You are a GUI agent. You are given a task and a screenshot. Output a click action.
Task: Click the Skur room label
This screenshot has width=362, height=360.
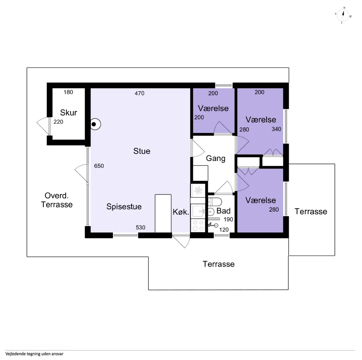point(69,112)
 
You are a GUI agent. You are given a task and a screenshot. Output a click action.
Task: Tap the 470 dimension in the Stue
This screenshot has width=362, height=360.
point(139,93)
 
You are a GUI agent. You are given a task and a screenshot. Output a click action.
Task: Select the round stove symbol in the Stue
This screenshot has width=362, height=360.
point(95,124)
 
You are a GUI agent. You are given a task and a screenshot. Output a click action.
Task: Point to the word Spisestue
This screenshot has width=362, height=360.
point(124,207)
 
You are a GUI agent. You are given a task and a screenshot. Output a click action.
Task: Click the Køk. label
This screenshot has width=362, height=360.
point(181,212)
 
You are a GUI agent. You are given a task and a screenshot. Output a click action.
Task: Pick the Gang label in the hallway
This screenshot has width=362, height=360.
point(216,158)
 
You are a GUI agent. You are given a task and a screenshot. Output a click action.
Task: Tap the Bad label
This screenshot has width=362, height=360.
point(223,211)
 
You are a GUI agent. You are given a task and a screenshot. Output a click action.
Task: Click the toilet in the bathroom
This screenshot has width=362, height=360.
point(215,202)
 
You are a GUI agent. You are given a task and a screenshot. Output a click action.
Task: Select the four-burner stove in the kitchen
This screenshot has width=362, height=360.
point(198,226)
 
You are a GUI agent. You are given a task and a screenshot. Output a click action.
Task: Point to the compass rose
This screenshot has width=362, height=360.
point(343,15)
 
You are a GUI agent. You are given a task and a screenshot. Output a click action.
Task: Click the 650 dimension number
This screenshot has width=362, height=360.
point(99,166)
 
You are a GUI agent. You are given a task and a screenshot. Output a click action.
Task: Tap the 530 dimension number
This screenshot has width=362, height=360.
point(140,227)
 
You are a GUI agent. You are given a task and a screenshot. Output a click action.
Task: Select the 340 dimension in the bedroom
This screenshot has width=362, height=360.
point(276,129)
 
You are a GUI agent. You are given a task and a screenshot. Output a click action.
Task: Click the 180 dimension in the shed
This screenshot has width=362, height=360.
point(68,92)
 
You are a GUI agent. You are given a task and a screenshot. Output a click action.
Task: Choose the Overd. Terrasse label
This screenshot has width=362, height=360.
point(57,200)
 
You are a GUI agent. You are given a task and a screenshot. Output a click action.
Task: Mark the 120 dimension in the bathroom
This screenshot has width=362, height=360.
point(224,230)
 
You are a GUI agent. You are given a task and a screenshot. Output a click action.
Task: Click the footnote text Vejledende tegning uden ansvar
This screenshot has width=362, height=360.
point(35,354)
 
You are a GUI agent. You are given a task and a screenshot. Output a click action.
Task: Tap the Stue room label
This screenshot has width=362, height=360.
point(142,151)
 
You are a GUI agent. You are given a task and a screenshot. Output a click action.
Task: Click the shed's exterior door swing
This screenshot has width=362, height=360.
point(44,126)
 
